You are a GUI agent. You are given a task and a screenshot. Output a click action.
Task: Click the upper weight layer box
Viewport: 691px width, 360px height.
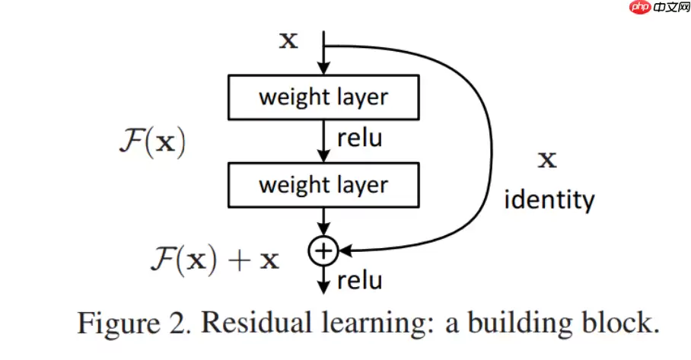click(x=324, y=97)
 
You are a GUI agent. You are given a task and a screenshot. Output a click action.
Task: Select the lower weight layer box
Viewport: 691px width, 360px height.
click(x=324, y=185)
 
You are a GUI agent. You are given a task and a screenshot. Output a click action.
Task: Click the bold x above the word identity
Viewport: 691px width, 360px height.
click(x=547, y=161)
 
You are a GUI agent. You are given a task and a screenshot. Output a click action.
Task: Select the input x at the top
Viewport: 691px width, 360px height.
click(x=288, y=40)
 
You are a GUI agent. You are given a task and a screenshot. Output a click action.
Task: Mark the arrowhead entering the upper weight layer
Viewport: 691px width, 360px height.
click(x=324, y=70)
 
